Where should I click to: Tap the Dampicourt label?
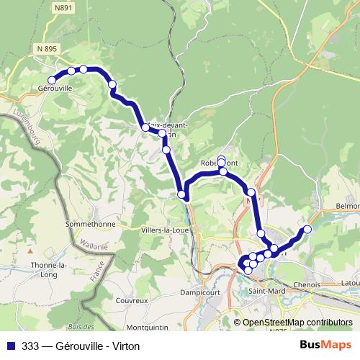pyautogui.click(x=194, y=294)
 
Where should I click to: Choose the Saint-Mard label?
pyautogui.click(x=267, y=291)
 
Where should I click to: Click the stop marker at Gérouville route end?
pyautogui.click(x=52, y=80)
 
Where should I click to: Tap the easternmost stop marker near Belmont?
pyautogui.click(x=307, y=229)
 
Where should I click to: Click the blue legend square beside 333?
pyautogui.click(x=11, y=346)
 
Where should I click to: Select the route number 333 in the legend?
pyautogui.click(x=31, y=346)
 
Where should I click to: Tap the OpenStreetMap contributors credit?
pyautogui.click(x=297, y=323)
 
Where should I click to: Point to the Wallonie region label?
pyautogui.click(x=93, y=244)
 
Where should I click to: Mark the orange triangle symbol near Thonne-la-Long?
pyautogui.click(x=30, y=253)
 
